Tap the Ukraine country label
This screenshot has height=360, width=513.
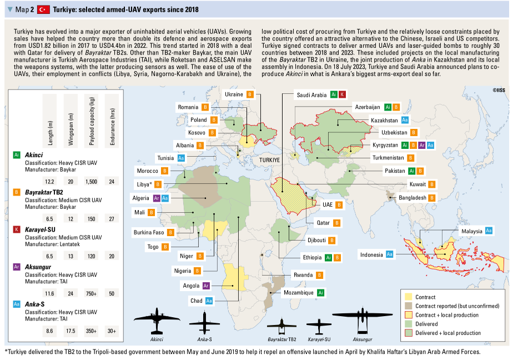[x=234, y=94]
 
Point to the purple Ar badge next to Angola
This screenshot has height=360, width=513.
[x=206, y=286]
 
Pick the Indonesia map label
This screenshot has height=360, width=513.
[x=372, y=254]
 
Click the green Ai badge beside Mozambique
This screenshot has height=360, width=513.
[x=321, y=292]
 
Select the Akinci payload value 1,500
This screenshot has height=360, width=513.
[x=92, y=182]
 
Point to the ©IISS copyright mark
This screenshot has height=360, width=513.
[x=499, y=89]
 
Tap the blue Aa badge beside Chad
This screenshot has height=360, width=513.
[x=209, y=301]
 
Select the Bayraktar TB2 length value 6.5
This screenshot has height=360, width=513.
[x=49, y=219]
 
